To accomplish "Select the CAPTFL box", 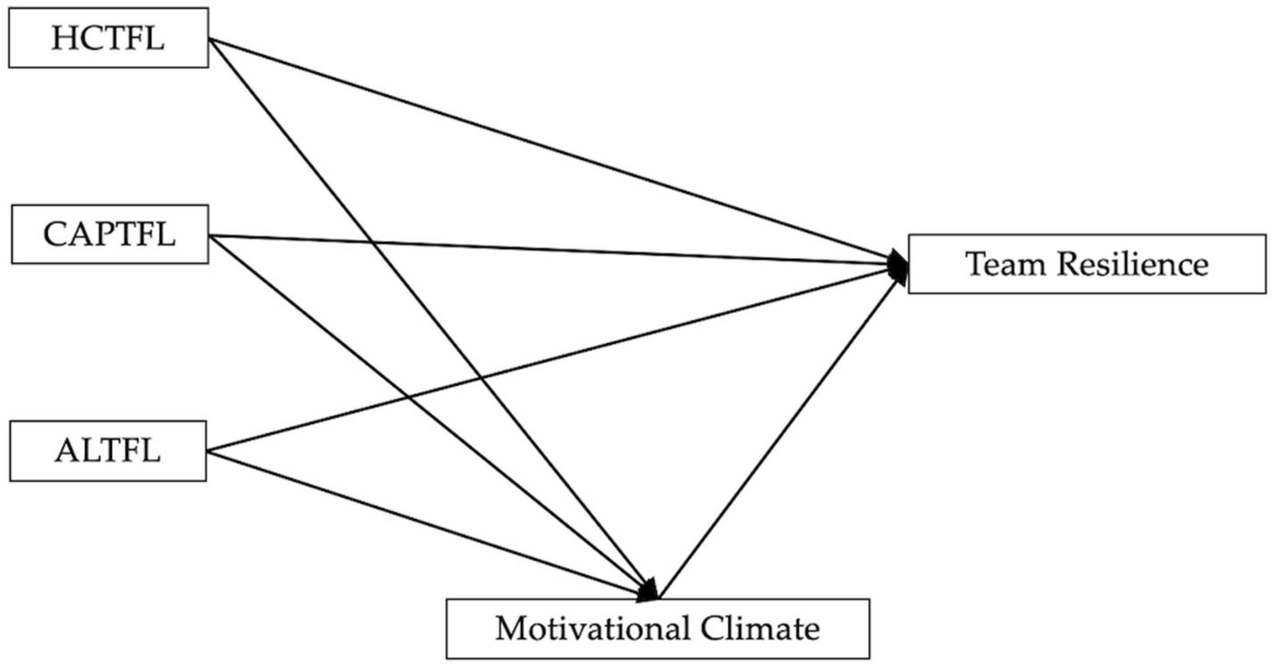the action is point(110,235).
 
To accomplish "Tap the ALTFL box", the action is point(108,451).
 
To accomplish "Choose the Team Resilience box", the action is point(1087,264).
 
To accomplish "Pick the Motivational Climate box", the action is point(658,629).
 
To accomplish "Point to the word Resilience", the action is point(1133,264).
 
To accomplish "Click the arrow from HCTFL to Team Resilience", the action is point(544,146).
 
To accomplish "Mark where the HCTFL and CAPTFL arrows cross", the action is point(371,242).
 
